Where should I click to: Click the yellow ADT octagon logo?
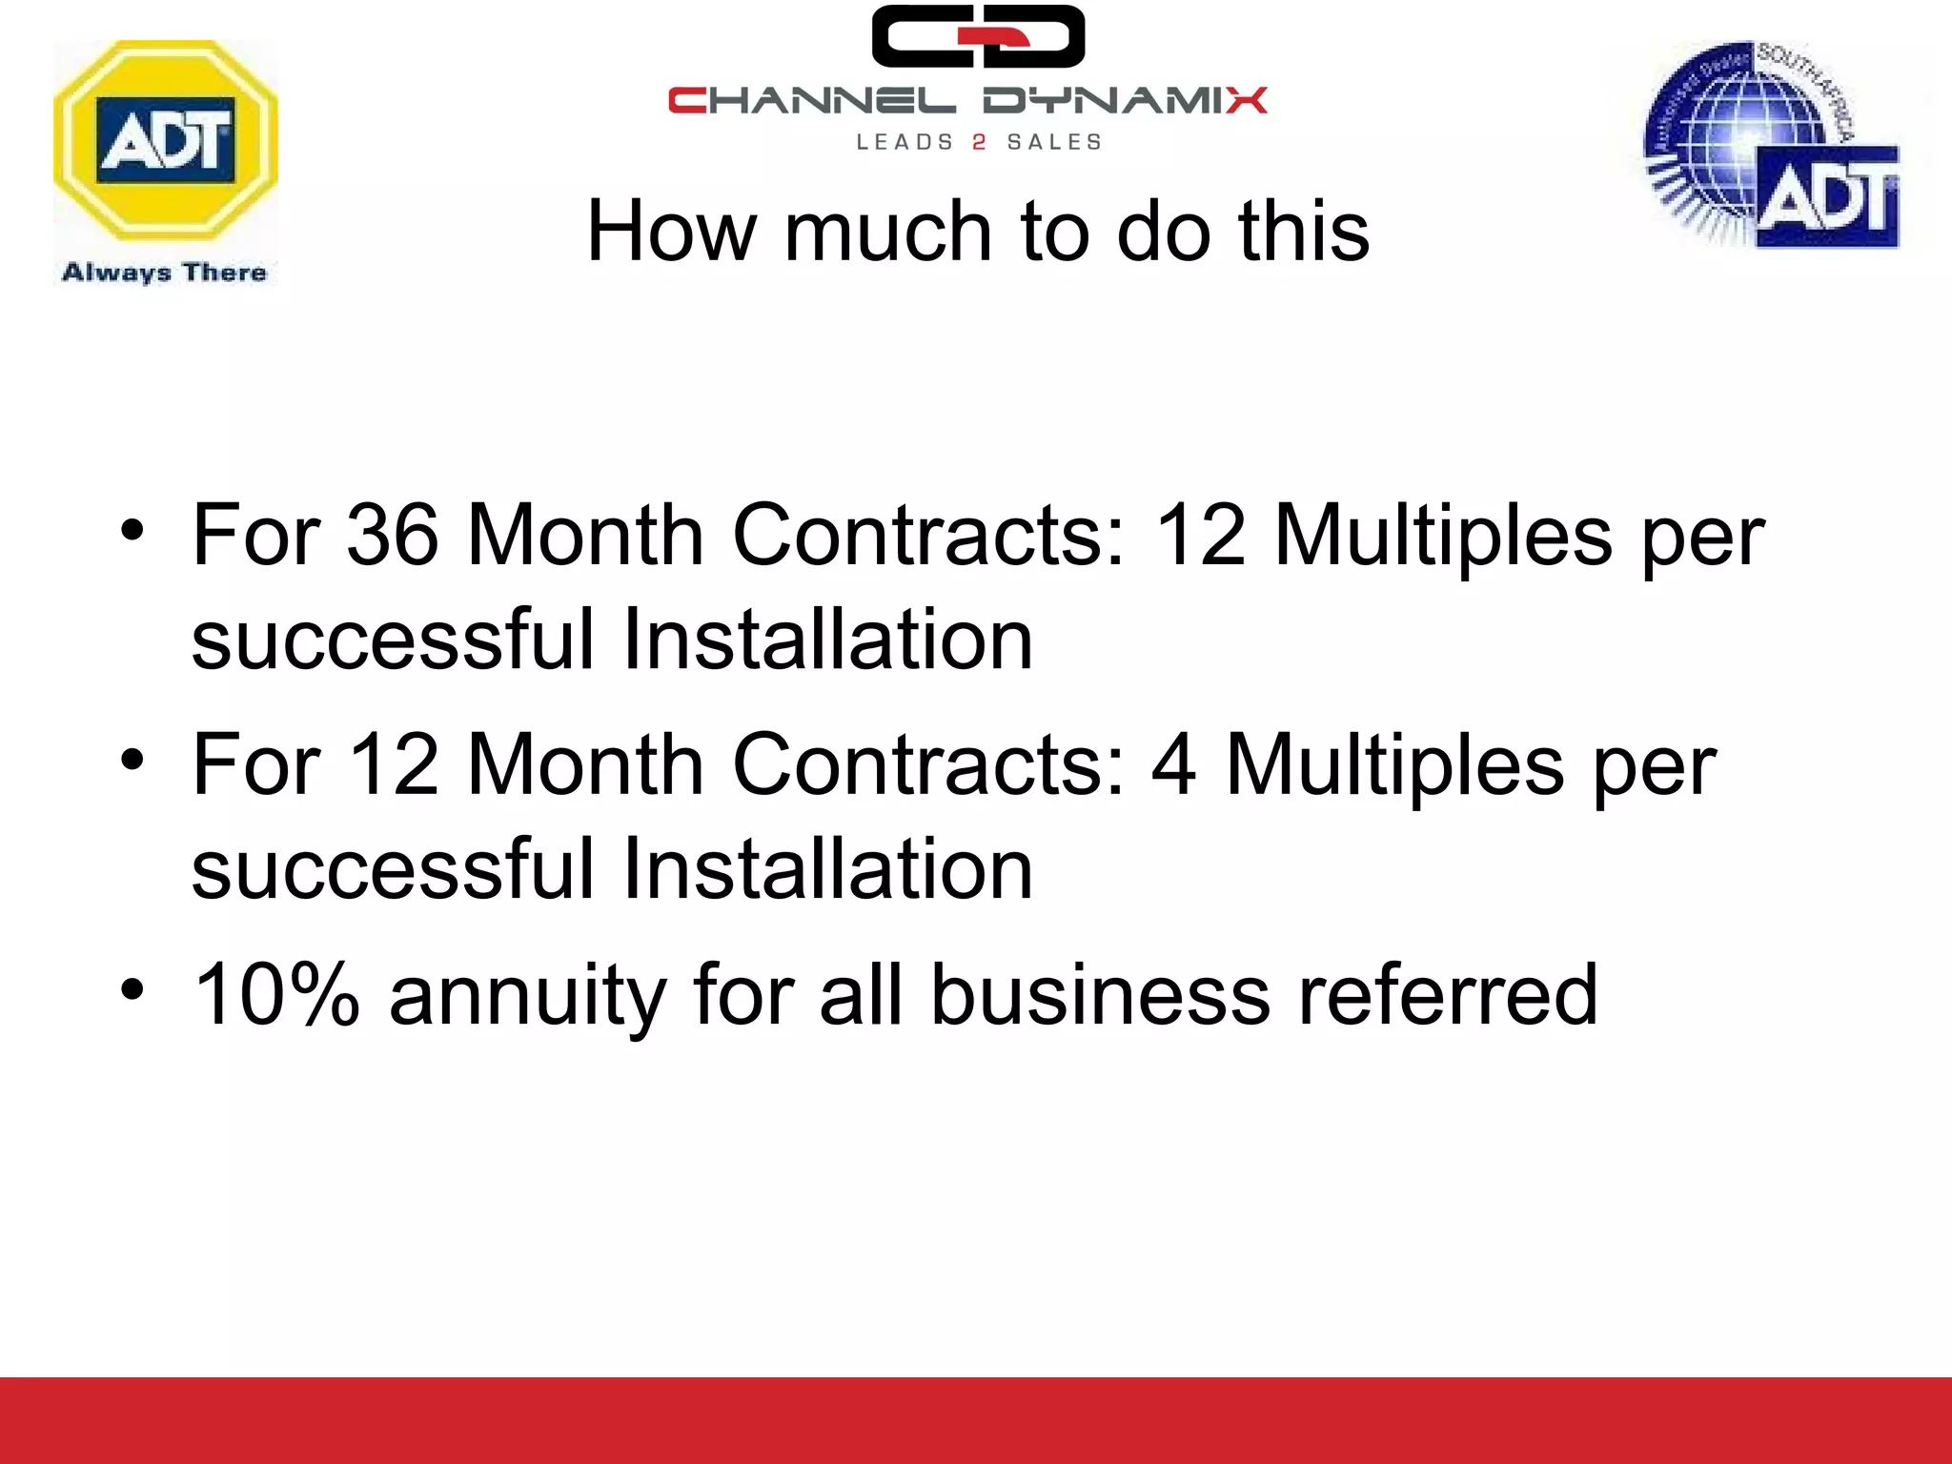tap(166, 140)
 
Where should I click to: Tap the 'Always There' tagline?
tap(164, 273)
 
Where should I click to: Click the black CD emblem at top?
tap(978, 36)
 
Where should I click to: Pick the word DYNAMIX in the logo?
tap(1125, 100)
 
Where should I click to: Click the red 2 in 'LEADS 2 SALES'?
tap(979, 142)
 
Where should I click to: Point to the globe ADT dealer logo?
tap(1771, 145)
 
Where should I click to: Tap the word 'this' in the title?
tap(1303, 231)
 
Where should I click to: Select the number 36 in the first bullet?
tap(392, 535)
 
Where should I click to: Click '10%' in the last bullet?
tap(276, 994)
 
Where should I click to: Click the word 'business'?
tap(1100, 994)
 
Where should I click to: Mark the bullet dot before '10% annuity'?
tap(132, 988)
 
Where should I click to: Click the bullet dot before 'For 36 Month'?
tap(132, 529)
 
